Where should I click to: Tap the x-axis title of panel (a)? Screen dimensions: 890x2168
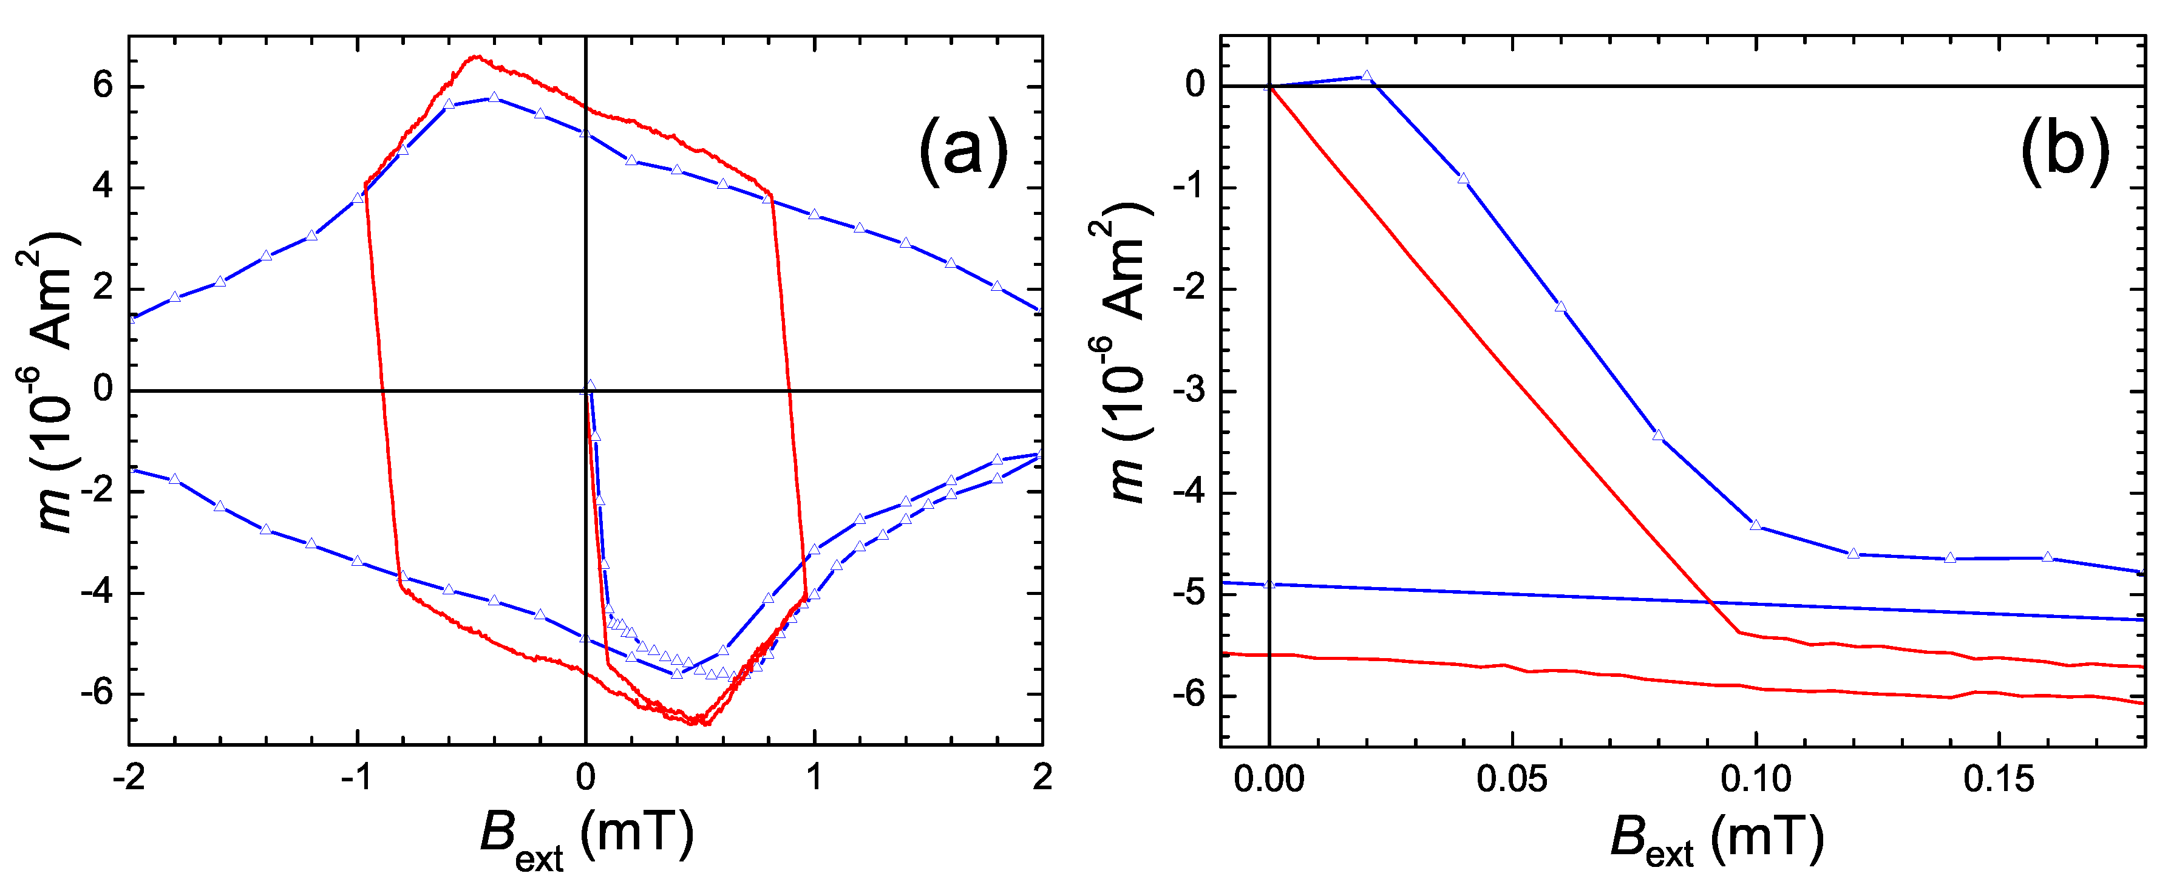pyautogui.click(x=586, y=837)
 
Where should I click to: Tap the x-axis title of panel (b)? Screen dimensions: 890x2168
pyautogui.click(x=1717, y=837)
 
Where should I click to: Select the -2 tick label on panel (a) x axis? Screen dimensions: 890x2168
pyautogui.click(x=128, y=778)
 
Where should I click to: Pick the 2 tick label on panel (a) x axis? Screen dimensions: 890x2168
pyautogui.click(x=1042, y=778)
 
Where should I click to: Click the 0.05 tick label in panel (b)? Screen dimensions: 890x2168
pyautogui.click(x=1512, y=780)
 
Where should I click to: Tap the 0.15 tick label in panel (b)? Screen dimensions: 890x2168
pyautogui.click(x=1999, y=780)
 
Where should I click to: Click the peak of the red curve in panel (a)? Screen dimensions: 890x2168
pyautogui.click(x=475, y=56)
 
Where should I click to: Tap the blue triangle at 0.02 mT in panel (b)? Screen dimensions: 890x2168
pyautogui.click(x=1367, y=76)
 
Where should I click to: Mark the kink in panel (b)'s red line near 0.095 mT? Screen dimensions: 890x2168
pyautogui.click(x=1739, y=632)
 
